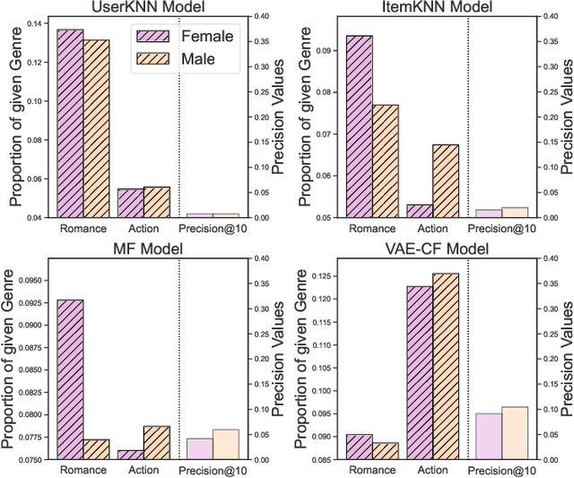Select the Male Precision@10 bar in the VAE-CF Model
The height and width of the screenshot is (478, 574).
pos(515,433)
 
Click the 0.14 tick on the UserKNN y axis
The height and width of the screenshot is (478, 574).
pos(39,22)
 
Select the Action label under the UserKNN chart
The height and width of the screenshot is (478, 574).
pos(143,228)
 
